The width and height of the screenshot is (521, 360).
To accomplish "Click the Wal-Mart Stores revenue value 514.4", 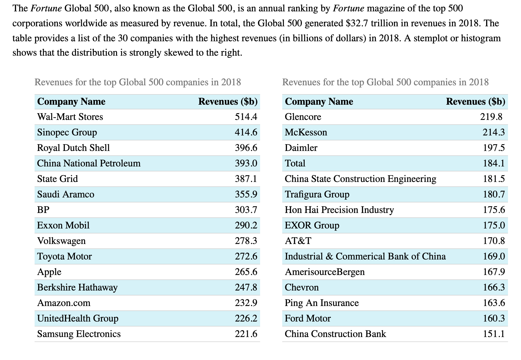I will point(246,117).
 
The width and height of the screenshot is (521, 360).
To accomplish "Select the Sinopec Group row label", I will point(67,132).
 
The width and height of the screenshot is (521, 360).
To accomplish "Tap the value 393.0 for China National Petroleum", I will point(246,163).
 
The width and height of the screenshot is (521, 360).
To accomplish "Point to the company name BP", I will point(43,210).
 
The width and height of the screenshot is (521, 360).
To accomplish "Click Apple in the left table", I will point(49,272).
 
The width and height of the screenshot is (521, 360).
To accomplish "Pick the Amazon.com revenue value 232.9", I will point(246,303).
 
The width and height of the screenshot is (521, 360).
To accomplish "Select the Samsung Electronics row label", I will point(79,334).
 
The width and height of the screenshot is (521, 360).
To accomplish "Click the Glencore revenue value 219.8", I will point(491,117).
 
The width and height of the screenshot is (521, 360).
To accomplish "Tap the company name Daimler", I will point(301,148).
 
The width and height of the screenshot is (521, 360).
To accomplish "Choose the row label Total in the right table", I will point(295,163).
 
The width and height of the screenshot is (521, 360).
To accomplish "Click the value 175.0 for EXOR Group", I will point(494,225).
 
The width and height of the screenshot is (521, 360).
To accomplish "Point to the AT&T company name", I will point(298,241).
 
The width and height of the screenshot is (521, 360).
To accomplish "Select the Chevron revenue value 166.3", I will point(494,287).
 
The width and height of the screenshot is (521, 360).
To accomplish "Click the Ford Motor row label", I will point(308,318).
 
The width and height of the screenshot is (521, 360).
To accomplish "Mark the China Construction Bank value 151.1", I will point(494,334).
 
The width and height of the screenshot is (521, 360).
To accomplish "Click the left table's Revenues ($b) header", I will point(228,102).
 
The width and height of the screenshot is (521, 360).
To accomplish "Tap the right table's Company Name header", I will point(319,102).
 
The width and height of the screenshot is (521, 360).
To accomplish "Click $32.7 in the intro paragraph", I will point(357,23).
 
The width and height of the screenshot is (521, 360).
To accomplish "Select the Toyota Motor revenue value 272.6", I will point(246,256).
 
